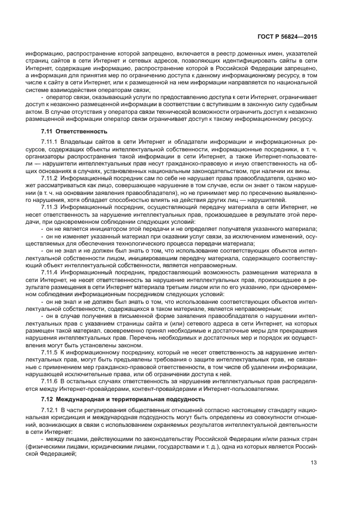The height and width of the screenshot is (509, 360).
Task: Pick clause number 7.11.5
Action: pos(51,352)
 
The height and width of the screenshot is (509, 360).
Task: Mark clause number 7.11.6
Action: pos(51,381)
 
